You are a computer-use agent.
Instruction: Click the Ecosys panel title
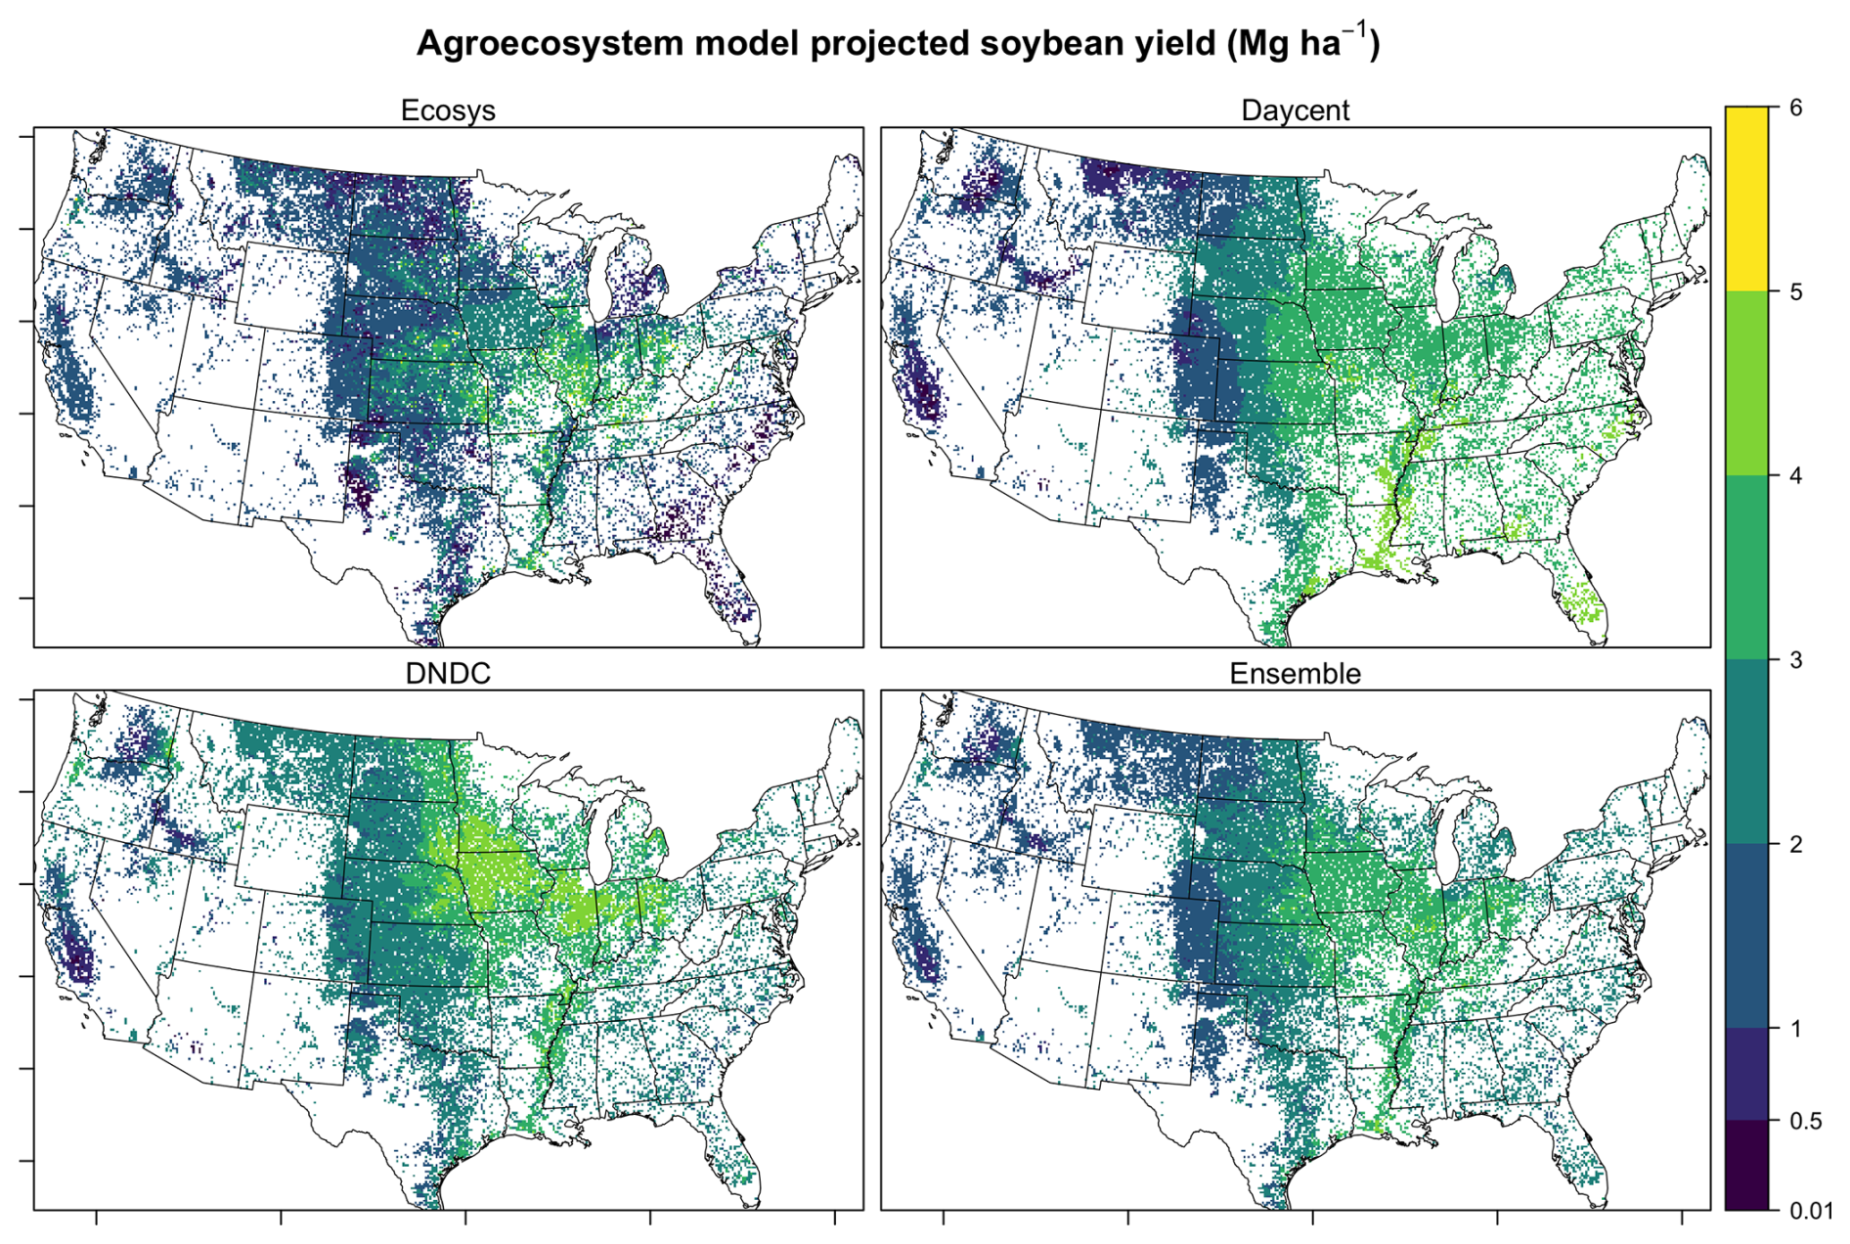coord(448,111)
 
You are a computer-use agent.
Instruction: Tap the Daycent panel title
coord(1295,111)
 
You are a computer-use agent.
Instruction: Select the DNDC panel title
coord(448,674)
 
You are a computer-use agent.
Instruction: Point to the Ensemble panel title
coord(1295,674)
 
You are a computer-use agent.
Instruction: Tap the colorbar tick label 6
coord(1795,108)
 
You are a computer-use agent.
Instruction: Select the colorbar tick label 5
coord(1795,291)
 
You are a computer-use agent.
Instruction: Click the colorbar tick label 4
coord(1795,475)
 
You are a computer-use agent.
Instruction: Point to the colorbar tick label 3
coord(1795,660)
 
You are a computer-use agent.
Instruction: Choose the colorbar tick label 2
coord(1795,844)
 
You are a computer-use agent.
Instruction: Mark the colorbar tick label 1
coord(1795,1028)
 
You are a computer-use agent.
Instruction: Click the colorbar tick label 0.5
coord(1805,1121)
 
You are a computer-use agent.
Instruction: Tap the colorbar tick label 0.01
coord(1811,1211)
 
